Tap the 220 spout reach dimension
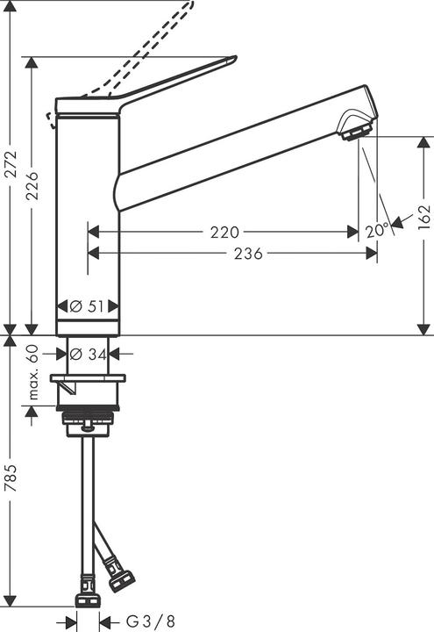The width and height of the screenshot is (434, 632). click(x=224, y=233)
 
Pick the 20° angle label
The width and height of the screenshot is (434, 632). click(x=377, y=231)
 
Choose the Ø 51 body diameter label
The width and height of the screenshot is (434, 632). click(x=87, y=306)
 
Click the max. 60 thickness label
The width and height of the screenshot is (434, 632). click(x=32, y=372)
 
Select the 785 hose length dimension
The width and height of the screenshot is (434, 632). click(x=11, y=478)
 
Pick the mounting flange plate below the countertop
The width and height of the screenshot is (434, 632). click(x=87, y=379)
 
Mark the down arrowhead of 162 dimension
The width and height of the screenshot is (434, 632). click(x=424, y=329)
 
